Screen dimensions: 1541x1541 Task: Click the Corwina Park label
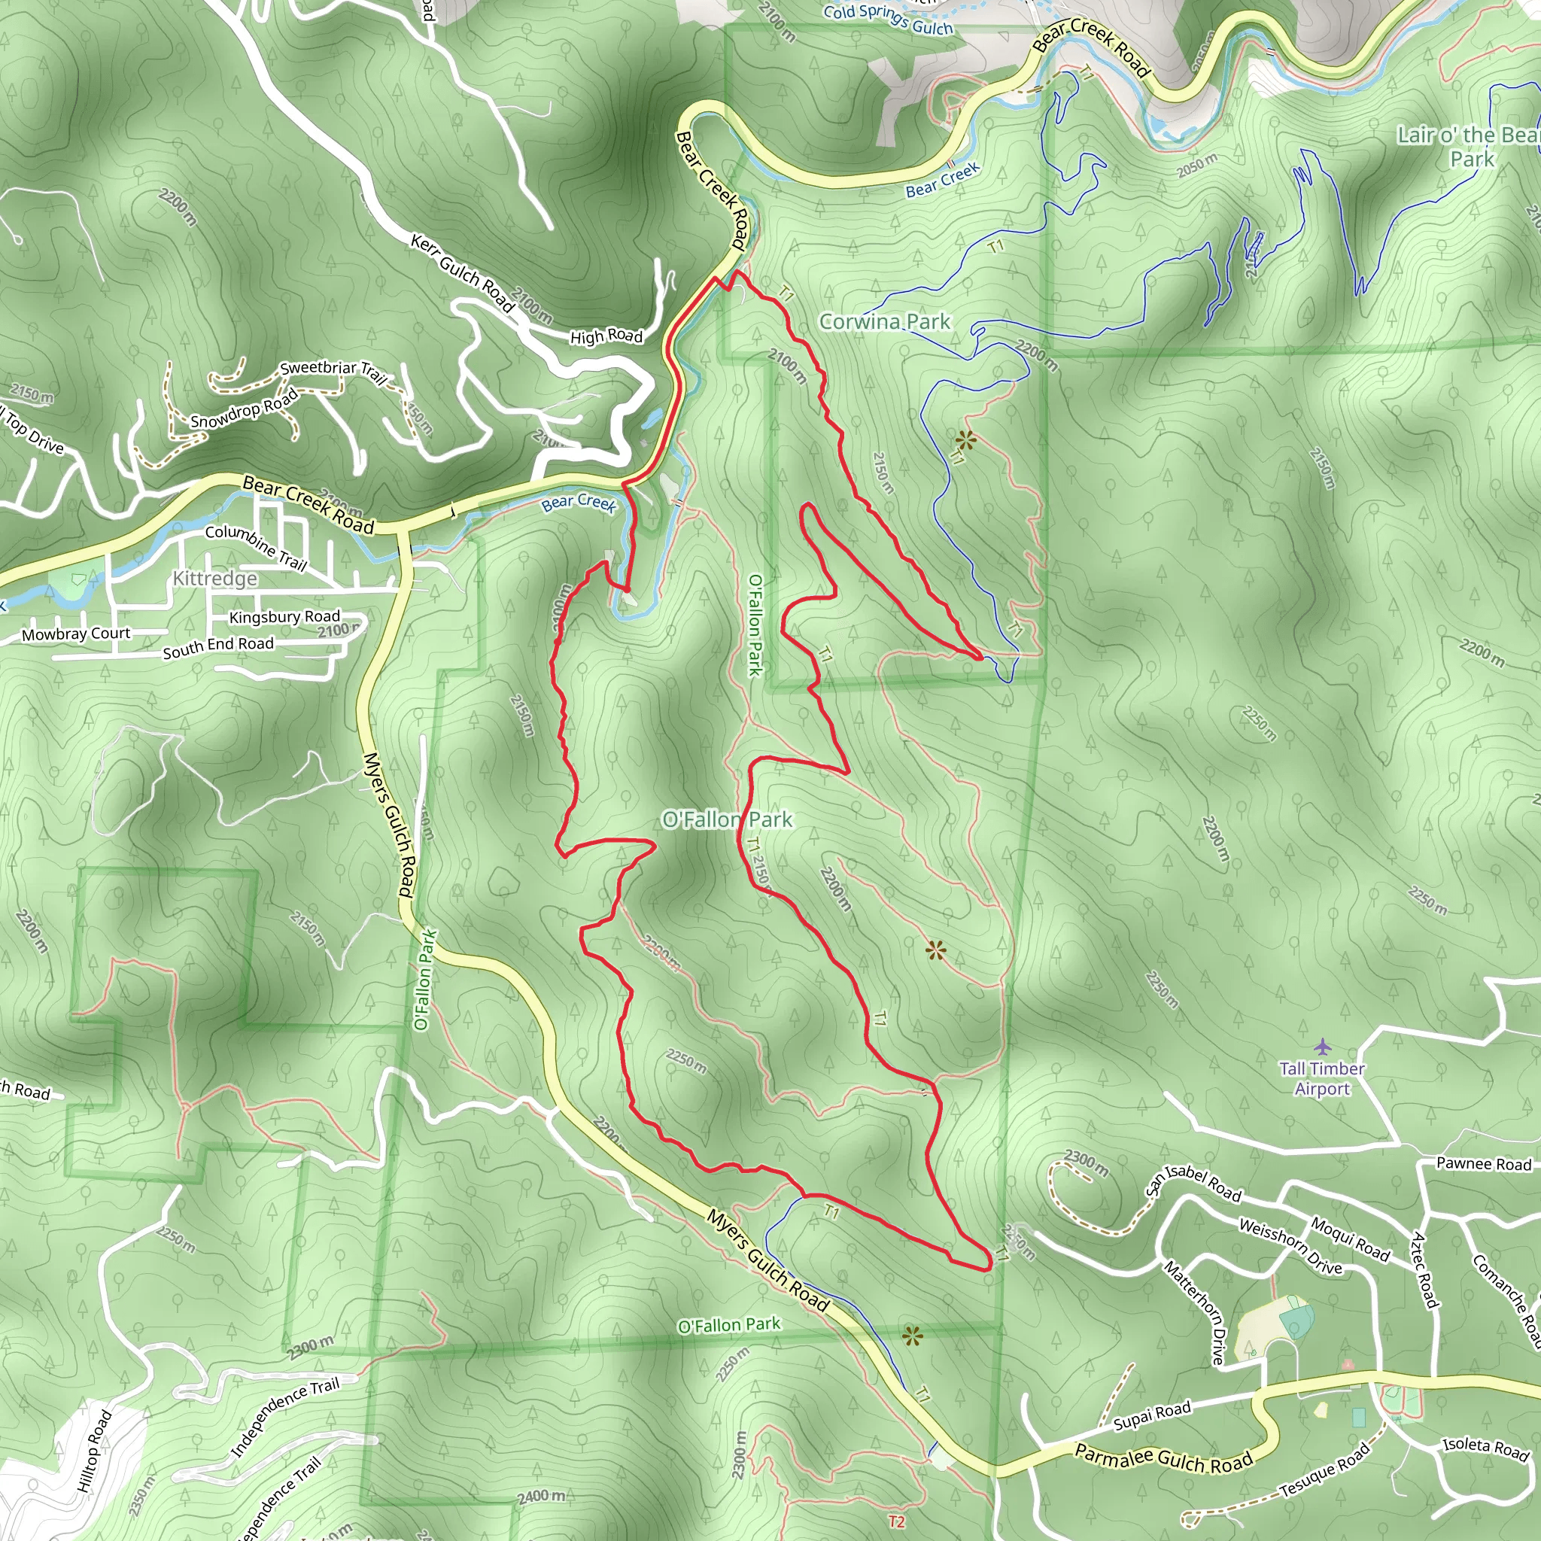click(x=885, y=321)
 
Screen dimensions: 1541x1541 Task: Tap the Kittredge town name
click(x=215, y=579)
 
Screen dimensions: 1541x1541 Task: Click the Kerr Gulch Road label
click(x=463, y=271)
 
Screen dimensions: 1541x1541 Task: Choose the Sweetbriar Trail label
click(x=333, y=371)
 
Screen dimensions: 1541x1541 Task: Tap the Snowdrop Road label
click(x=244, y=409)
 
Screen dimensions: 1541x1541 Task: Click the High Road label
click(x=606, y=336)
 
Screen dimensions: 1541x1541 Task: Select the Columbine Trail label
click(x=256, y=546)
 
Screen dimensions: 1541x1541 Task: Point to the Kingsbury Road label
click(x=284, y=616)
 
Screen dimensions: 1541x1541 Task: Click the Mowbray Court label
click(x=76, y=634)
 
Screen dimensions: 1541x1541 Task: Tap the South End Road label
click(x=217, y=647)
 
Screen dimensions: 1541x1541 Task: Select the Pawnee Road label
click(x=1484, y=1164)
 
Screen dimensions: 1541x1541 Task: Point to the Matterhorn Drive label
click(x=1194, y=1312)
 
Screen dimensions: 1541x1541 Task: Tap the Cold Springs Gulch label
click(x=888, y=19)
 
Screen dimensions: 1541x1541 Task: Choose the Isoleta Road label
click(x=1485, y=1448)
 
